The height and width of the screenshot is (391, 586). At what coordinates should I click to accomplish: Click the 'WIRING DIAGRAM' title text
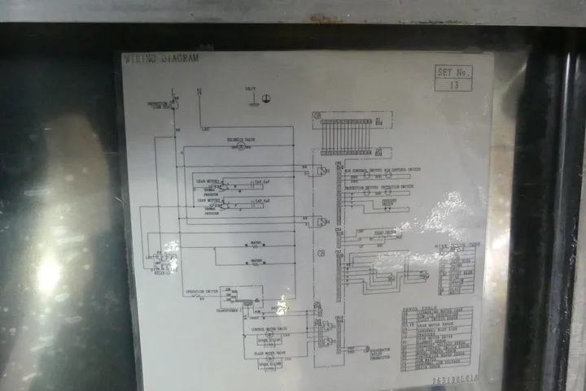(x=160, y=59)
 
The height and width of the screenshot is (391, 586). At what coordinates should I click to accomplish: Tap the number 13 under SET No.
(x=453, y=84)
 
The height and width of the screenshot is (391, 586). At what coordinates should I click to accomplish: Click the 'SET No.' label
(x=453, y=72)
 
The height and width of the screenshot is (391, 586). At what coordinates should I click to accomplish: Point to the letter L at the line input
(x=173, y=90)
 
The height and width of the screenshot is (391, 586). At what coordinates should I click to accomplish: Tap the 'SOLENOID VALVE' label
(x=242, y=141)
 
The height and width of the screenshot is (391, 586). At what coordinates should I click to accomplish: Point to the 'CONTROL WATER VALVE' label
(x=269, y=329)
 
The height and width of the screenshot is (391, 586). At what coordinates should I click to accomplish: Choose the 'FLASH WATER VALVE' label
(x=269, y=354)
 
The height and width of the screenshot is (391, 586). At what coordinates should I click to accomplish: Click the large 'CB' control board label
(x=321, y=254)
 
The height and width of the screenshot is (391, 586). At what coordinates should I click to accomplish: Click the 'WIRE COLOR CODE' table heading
(x=457, y=243)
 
